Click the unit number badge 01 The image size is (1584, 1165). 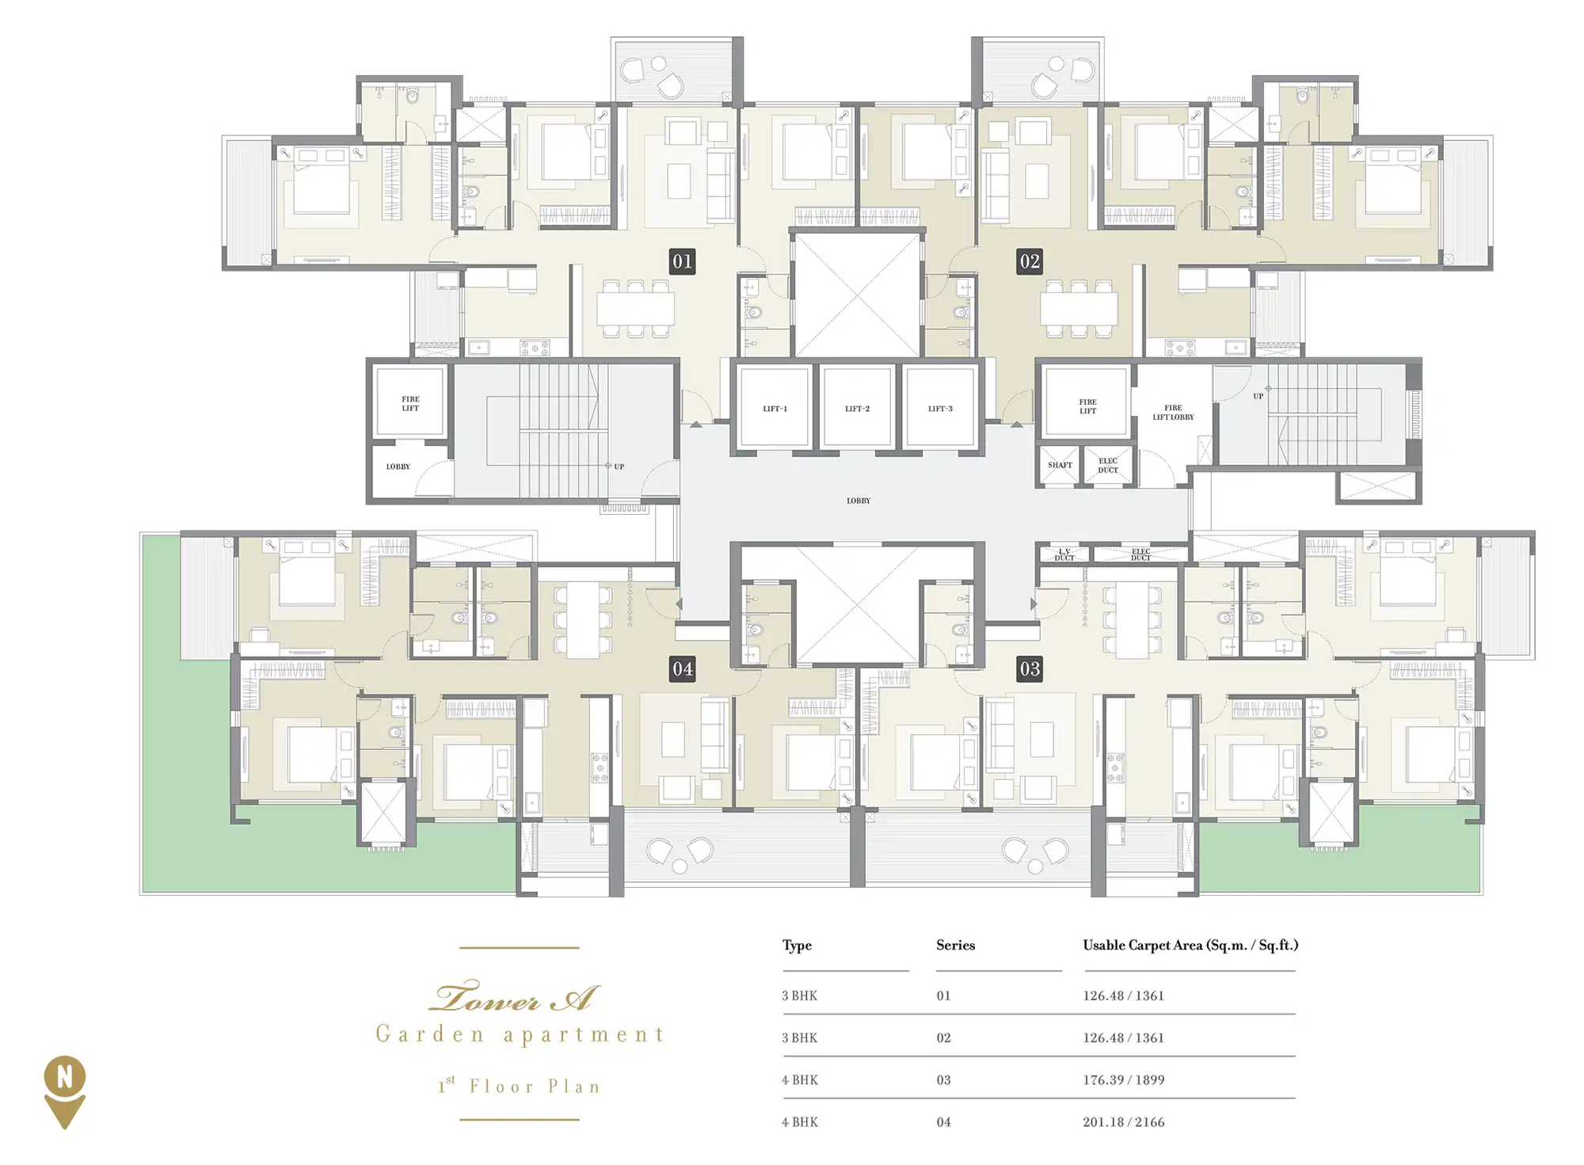[x=682, y=261]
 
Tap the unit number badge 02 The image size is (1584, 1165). [x=1029, y=261]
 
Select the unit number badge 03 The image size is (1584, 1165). [x=1029, y=669]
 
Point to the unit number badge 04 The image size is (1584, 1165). [x=682, y=669]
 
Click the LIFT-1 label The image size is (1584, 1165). [x=775, y=409]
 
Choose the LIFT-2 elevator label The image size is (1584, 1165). [x=857, y=409]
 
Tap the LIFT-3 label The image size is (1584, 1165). [x=940, y=409]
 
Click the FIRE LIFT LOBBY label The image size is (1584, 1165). [x=1173, y=413]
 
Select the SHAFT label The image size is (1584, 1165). [x=1060, y=466]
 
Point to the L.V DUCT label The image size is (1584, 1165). [x=1064, y=554]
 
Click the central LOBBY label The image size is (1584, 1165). [x=859, y=501]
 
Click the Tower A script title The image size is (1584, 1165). [x=514, y=997]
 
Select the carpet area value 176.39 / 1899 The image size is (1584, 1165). [x=1123, y=1079]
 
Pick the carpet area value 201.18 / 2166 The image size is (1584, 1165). [x=1123, y=1121]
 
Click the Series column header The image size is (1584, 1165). [x=955, y=945]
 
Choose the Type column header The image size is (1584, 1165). [x=797, y=946]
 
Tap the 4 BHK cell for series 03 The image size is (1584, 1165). [x=800, y=1079]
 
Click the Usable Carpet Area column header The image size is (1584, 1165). [x=1190, y=945]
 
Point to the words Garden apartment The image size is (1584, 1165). [x=520, y=1034]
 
